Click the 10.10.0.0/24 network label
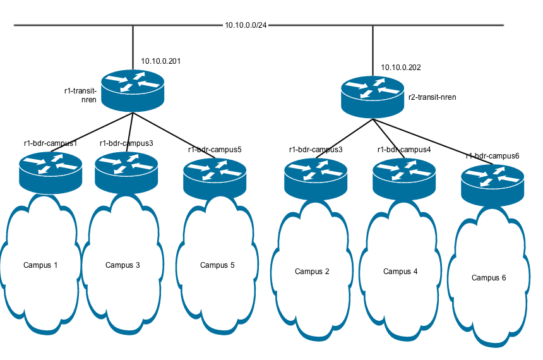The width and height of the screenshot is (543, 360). tap(246, 25)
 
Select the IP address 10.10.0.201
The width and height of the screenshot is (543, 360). tap(161, 61)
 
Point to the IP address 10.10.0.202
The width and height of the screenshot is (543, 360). tap(401, 68)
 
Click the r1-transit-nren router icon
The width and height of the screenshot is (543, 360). tap(133, 88)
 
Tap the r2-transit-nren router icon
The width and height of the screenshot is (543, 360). tap(373, 95)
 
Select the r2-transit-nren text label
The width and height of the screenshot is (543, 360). tap(432, 97)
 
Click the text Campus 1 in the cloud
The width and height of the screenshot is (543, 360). tap(40, 265)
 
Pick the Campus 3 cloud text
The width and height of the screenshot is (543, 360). tap(122, 265)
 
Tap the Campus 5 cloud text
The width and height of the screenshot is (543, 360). tap(217, 265)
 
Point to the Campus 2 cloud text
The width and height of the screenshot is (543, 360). tap(312, 271)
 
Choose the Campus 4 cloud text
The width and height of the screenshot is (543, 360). tap(400, 271)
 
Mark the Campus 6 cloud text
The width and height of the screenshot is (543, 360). tap(489, 277)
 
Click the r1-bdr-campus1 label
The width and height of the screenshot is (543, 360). tap(51, 143)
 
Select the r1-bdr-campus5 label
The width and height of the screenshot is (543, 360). tap(215, 150)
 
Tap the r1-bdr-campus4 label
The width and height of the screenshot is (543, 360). tap(404, 150)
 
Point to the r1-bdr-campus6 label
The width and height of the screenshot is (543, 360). tap(492, 155)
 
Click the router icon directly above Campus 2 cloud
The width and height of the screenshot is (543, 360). tap(316, 177)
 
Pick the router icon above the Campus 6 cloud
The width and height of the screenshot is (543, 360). tap(492, 183)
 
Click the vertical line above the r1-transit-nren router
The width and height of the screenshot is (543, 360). tap(133, 47)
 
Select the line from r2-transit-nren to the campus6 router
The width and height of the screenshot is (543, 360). tap(436, 140)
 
